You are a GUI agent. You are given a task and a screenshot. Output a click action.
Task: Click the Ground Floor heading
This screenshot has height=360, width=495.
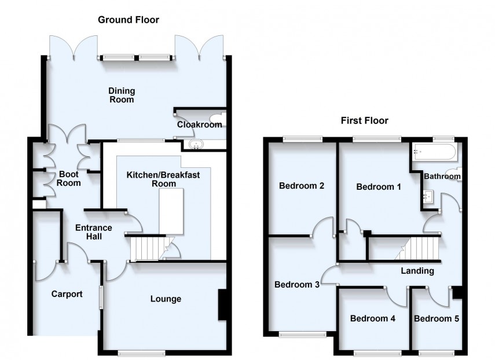128,20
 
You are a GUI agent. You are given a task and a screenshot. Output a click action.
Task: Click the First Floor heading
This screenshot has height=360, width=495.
364,121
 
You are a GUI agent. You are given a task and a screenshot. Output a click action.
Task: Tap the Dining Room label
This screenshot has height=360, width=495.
122,95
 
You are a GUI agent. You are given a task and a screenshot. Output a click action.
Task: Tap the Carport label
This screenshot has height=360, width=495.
67,294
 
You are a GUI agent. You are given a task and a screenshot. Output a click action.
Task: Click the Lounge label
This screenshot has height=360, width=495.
166,299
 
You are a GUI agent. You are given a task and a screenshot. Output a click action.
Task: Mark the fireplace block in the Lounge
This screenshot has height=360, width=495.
222,304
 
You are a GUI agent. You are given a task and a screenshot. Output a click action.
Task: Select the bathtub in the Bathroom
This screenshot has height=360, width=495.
433,153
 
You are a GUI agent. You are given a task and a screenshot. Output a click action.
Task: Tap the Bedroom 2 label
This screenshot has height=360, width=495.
301,186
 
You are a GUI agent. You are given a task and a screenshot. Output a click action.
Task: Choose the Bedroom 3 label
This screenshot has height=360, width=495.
297,285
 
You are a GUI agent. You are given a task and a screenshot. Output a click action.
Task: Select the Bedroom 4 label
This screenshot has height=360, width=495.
373,319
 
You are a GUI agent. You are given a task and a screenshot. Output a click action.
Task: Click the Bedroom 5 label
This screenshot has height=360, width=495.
437,319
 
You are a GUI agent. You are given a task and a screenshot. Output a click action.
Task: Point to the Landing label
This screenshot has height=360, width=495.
417,271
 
